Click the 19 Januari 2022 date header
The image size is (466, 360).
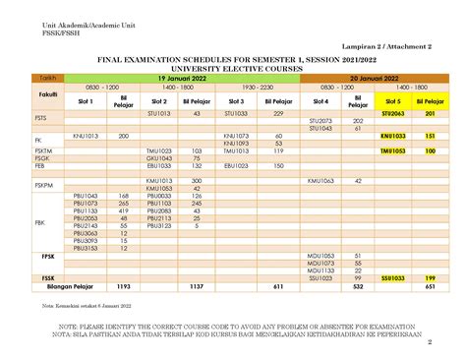pyautogui.click(x=183, y=77)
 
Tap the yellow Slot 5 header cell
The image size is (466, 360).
pyautogui.click(x=393, y=100)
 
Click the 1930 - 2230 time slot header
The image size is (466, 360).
pyautogui.click(x=257, y=87)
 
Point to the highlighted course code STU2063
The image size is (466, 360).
pyautogui.click(x=393, y=115)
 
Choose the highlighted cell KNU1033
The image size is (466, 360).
pyautogui.click(x=393, y=136)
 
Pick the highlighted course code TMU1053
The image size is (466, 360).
pyautogui.click(x=393, y=151)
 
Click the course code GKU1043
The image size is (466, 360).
pyautogui.click(x=159, y=158)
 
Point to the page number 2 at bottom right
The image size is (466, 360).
pyautogui.click(x=431, y=343)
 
